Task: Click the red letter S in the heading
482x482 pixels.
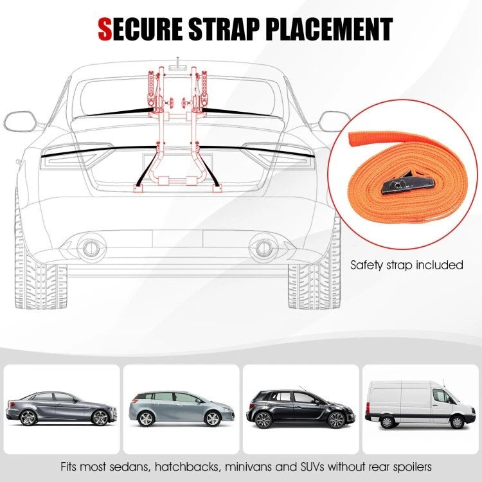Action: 105,29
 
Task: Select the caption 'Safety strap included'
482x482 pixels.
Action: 407,264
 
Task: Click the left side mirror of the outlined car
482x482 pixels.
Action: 20,120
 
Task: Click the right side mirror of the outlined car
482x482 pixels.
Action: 334,120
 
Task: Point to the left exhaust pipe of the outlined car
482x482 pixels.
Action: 91,247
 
